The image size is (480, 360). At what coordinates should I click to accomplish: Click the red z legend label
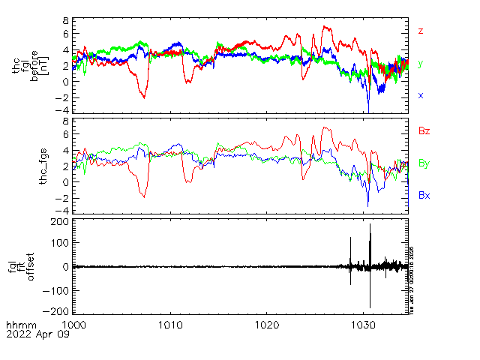pyautogui.click(x=421, y=31)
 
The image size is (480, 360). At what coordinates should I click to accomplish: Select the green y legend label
pyautogui.click(x=421, y=64)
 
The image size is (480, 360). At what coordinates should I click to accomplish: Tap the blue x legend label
pyautogui.click(x=421, y=95)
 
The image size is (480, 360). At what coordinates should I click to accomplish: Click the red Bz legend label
pyautogui.click(x=424, y=131)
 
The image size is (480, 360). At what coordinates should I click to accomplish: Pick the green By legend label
pyautogui.click(x=424, y=163)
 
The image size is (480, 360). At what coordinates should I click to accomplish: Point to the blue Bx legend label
pyautogui.click(x=424, y=196)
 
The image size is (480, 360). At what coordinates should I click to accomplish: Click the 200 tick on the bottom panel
pyautogui.click(x=60, y=223)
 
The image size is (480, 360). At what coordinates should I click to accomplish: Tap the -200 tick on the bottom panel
pyautogui.click(x=58, y=310)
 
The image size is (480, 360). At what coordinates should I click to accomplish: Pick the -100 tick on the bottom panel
pyautogui.click(x=58, y=289)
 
